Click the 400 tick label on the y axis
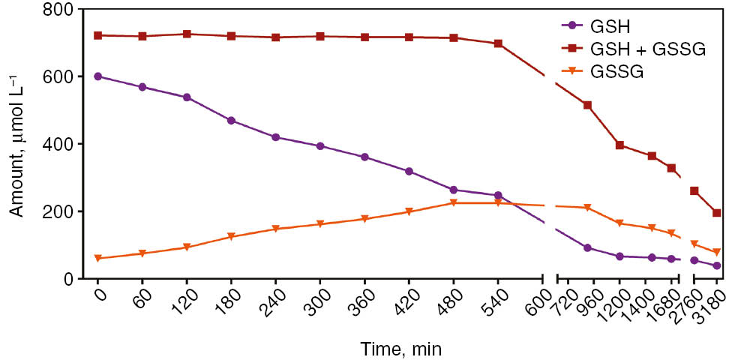(x=61, y=144)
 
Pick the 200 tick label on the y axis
(x=61, y=211)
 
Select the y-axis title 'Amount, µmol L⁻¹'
(x=16, y=145)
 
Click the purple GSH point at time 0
(x=98, y=76)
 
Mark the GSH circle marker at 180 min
(x=232, y=121)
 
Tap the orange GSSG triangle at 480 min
(x=454, y=203)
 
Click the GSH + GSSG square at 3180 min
(x=717, y=213)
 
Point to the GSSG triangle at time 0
(x=98, y=259)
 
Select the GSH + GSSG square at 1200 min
(x=619, y=145)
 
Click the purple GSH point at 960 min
(x=587, y=248)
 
